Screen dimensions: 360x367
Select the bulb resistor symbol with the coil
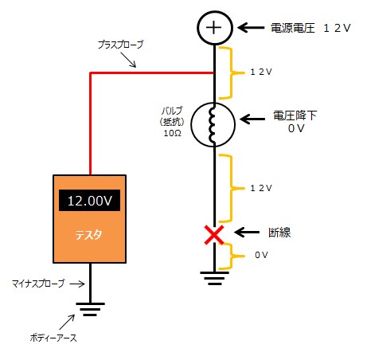pyautogui.click(x=213, y=124)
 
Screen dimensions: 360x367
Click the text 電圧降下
pyautogui.click(x=295, y=115)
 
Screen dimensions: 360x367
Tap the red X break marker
pyautogui.click(x=213, y=233)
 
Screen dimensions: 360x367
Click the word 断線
pyautogui.click(x=280, y=233)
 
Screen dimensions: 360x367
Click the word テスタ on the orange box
pyautogui.click(x=88, y=237)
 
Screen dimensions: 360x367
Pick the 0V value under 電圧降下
pyautogui.click(x=295, y=127)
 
